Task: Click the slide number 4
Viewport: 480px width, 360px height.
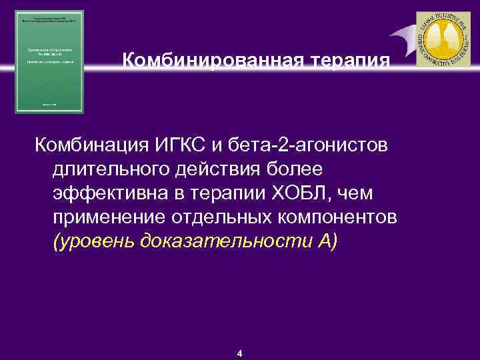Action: click(240, 353)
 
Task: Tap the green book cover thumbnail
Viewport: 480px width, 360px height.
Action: click(50, 61)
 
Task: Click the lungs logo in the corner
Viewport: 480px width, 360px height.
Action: click(443, 39)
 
